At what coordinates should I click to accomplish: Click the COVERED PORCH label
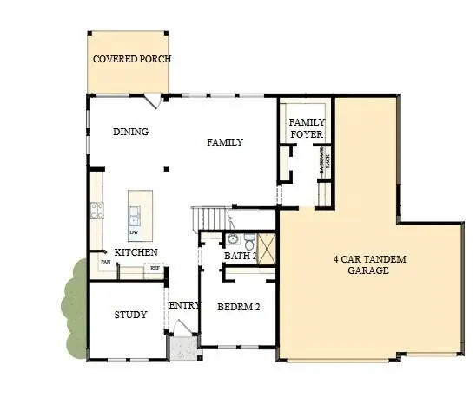pyautogui.click(x=131, y=59)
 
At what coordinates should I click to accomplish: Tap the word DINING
pyautogui.click(x=131, y=132)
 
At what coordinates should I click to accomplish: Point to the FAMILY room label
pyautogui.click(x=224, y=142)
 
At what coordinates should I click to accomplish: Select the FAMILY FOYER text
pyautogui.click(x=306, y=128)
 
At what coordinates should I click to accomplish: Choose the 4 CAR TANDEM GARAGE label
pyautogui.click(x=369, y=264)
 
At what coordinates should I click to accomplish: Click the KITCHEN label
pyautogui.click(x=136, y=251)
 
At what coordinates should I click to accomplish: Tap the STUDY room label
pyautogui.click(x=130, y=315)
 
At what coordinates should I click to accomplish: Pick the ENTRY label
pyautogui.click(x=184, y=305)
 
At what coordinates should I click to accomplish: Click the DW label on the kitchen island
pyautogui.click(x=134, y=232)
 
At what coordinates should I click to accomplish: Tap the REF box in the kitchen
pyautogui.click(x=155, y=268)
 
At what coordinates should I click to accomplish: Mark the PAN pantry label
pyautogui.click(x=104, y=262)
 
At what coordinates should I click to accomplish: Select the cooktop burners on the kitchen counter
pyautogui.click(x=97, y=209)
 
